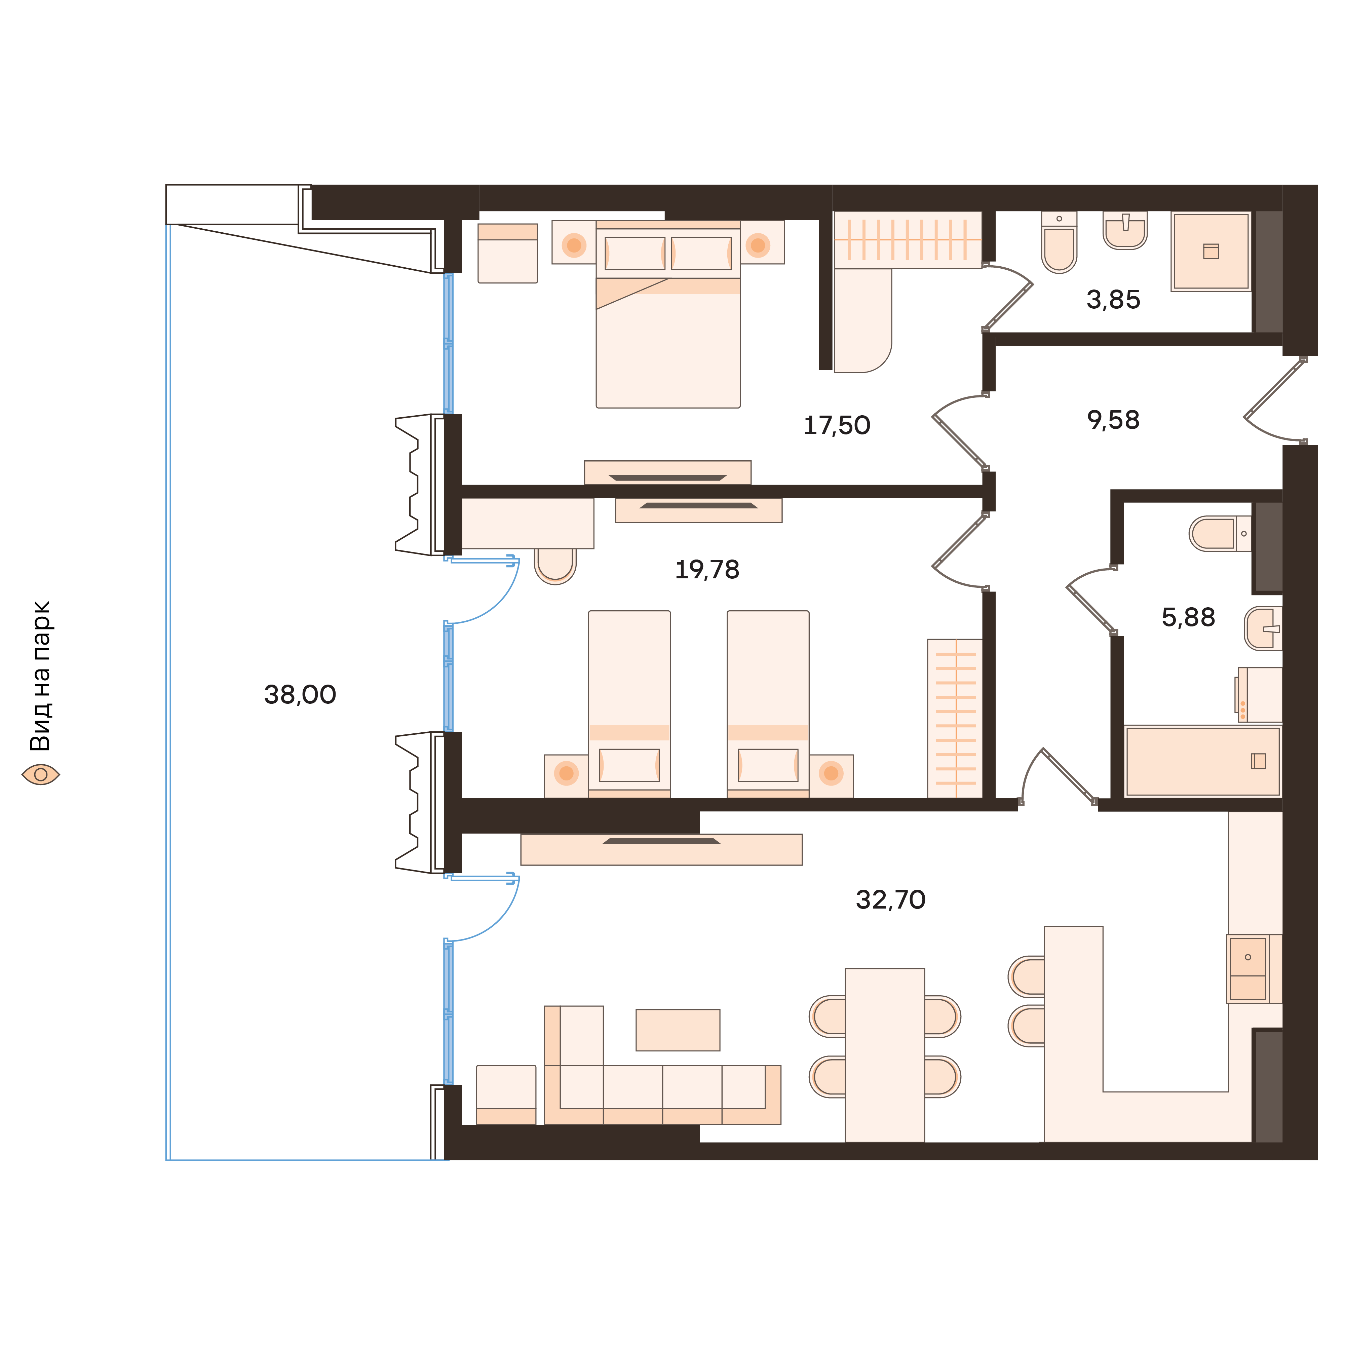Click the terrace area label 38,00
tap(300, 695)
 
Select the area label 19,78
tap(706, 570)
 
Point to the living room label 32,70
tap(890, 900)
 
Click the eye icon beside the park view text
tap(40, 774)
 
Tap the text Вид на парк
tap(40, 675)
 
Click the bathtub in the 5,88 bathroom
tap(1202, 762)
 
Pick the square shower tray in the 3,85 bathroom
tap(1210, 251)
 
